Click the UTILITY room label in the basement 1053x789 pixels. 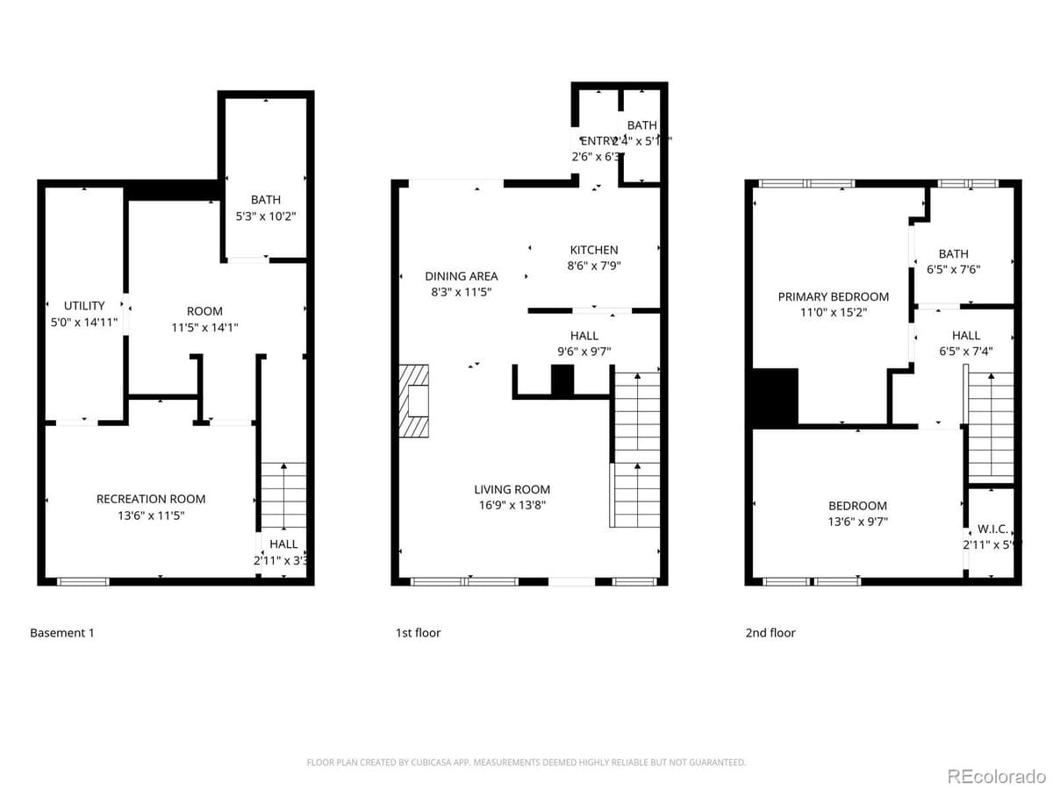(x=84, y=306)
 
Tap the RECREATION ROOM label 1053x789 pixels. (x=151, y=499)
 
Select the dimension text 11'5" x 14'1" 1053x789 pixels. (x=204, y=327)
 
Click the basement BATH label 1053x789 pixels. (x=265, y=200)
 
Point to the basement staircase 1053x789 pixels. (x=283, y=495)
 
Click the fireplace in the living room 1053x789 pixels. (x=416, y=401)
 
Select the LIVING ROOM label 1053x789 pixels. (x=512, y=489)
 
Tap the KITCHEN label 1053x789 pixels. (x=594, y=250)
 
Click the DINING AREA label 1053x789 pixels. (x=462, y=276)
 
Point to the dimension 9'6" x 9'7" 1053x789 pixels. (x=584, y=352)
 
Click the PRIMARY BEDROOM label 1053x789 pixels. (x=833, y=296)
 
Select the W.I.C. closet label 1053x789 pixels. (x=992, y=530)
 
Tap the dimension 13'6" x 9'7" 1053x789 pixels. (x=857, y=522)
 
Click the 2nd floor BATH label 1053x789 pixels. (x=953, y=254)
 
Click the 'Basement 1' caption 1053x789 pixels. (x=61, y=633)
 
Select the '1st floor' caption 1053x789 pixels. (x=418, y=633)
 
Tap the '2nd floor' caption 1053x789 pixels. (x=770, y=633)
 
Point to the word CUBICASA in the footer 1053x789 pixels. (x=432, y=763)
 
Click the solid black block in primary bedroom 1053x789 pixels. (x=775, y=397)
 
